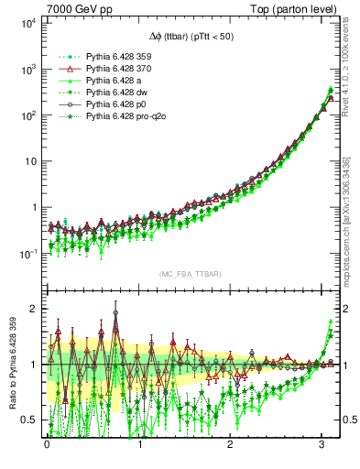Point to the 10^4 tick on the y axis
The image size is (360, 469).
pos(27,23)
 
